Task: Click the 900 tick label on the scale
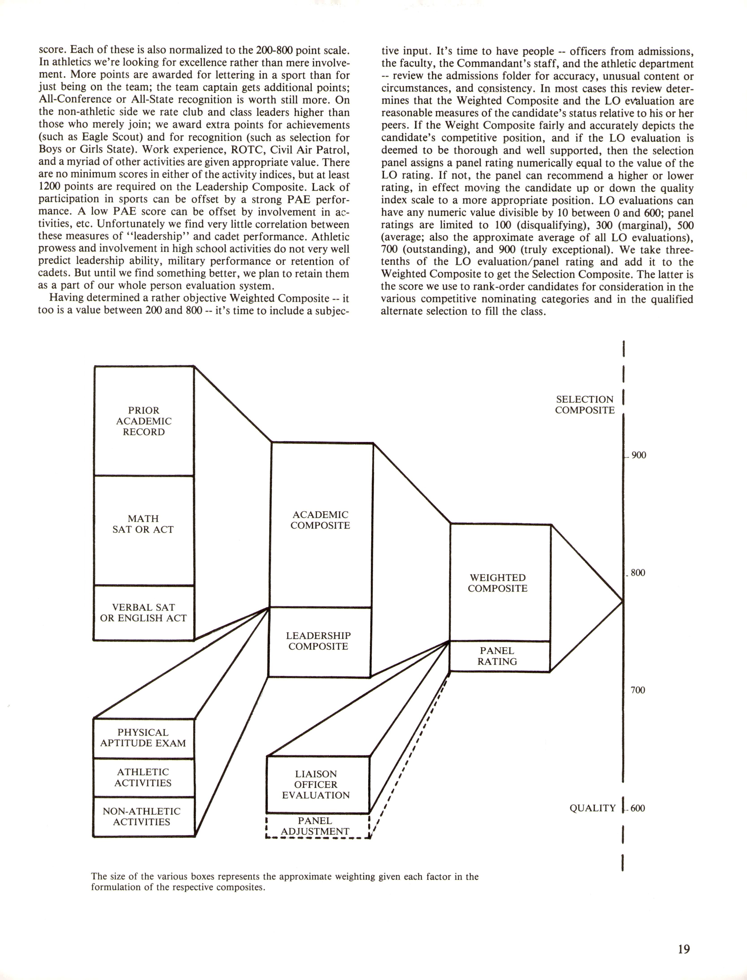click(639, 455)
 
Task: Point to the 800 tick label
click(638, 573)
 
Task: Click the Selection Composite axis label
click(585, 405)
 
